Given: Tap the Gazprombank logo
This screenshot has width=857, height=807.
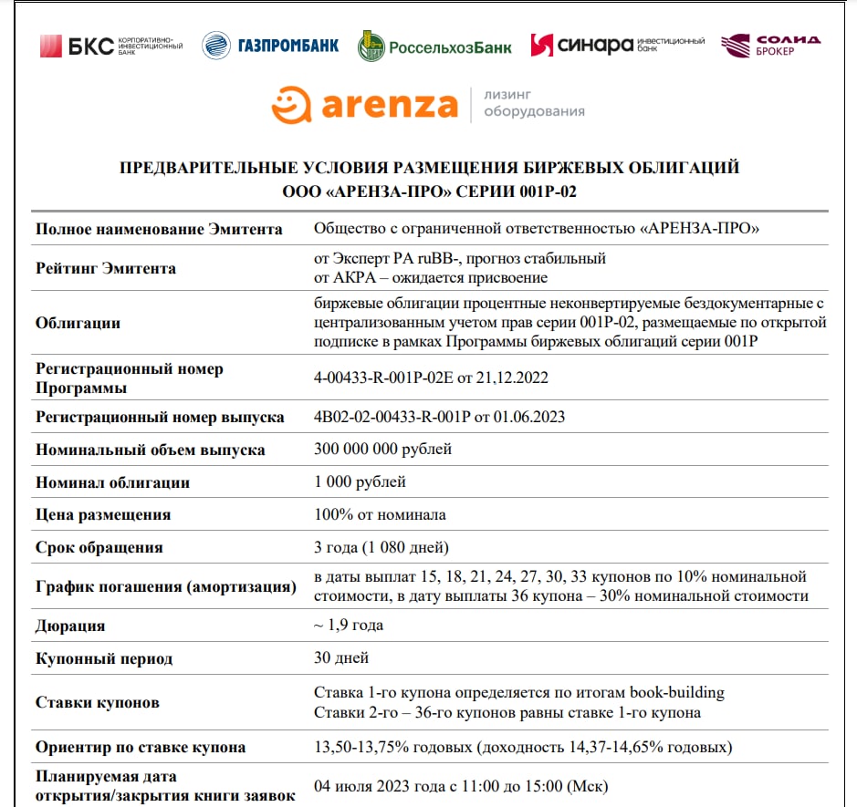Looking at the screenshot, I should point(270,45).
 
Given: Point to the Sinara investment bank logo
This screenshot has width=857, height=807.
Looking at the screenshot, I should point(617,45).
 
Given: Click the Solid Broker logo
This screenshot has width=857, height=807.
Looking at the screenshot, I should point(770,45).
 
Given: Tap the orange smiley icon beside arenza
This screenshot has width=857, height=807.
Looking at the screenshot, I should point(291,104).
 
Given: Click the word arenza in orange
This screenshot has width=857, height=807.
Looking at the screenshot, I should point(388,106).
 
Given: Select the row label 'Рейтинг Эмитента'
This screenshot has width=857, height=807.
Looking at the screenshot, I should point(106,268).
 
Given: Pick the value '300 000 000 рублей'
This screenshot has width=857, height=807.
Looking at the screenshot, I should point(382,449).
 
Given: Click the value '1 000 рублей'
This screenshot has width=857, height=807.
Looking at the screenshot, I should point(360,481).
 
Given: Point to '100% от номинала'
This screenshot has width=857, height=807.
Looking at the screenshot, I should point(380,514).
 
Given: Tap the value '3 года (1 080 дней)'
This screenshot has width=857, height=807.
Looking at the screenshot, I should point(381,547).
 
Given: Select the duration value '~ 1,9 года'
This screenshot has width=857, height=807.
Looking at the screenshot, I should point(349,625).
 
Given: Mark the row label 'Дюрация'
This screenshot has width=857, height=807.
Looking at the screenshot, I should point(70,626).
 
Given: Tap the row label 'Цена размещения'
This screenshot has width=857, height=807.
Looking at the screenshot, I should point(103,515).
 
